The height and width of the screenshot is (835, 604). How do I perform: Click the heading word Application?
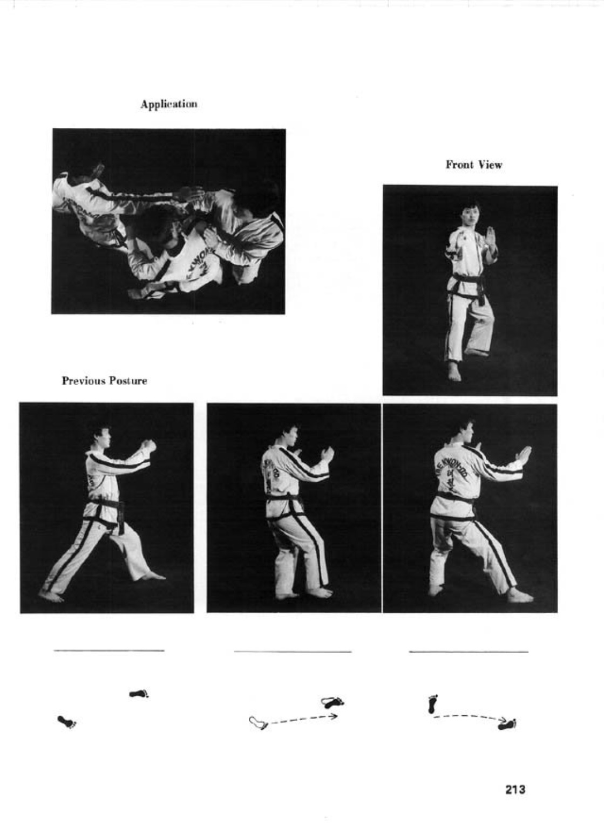coord(168,104)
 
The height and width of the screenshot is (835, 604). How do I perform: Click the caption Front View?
coord(473,165)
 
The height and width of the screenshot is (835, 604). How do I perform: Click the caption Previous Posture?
coord(104,381)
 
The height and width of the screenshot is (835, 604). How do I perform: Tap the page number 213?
coord(515,790)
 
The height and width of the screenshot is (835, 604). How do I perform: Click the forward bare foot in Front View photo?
coord(454,372)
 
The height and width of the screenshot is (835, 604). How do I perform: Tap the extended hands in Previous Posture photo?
coord(147,447)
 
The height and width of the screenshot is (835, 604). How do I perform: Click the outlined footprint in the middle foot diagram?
coord(258,722)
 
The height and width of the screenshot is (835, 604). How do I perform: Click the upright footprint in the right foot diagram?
coord(432,704)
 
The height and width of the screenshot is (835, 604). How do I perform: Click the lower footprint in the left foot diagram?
coord(67,722)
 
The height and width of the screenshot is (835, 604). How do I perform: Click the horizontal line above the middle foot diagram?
coord(293,652)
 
